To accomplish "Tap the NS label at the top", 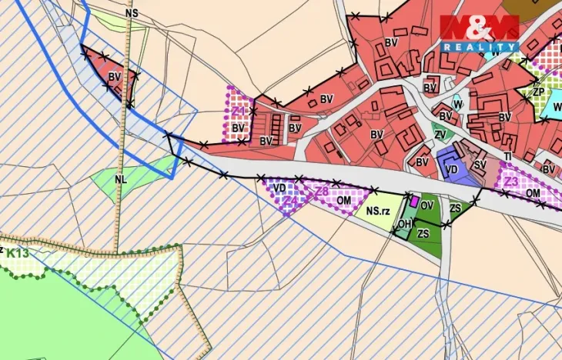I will click(132, 14).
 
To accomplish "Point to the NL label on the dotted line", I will click(121, 178).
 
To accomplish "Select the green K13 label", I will click(20, 253).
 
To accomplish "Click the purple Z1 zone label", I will click(238, 112).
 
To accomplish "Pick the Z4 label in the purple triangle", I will click(289, 202).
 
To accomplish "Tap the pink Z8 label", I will click(322, 191).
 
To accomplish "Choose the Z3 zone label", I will click(511, 182).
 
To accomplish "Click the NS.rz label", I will click(378, 210).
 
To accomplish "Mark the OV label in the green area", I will click(427, 205).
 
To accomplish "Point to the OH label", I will click(404, 224).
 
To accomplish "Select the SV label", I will click(480, 164).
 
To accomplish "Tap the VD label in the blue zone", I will click(452, 168).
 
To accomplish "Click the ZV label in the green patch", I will click(440, 135).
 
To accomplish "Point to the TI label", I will click(508, 156).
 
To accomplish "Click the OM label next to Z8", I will click(344, 200).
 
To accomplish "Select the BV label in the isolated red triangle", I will click(115, 77).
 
